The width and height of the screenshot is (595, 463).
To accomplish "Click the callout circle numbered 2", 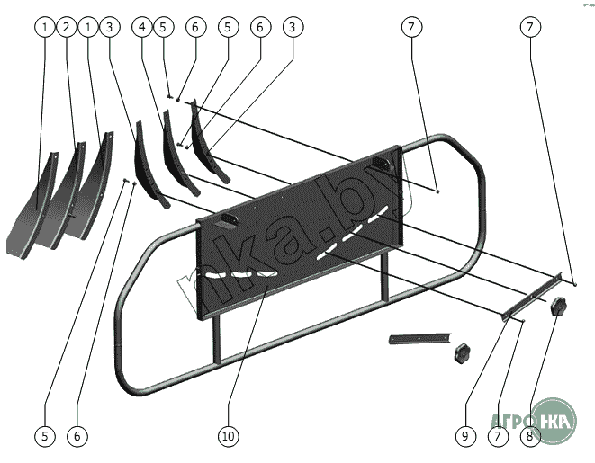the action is (x=66, y=28).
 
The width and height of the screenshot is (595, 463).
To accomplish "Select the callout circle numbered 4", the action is (x=142, y=28).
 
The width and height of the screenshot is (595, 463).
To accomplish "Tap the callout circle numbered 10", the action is (x=228, y=436).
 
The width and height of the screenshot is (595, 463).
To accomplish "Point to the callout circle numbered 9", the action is (x=464, y=436).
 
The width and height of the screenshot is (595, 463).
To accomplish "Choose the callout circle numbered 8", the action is (x=530, y=436).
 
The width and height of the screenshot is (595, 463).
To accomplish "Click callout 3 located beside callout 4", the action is (x=109, y=28).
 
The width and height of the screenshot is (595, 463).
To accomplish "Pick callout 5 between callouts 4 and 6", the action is (x=162, y=28).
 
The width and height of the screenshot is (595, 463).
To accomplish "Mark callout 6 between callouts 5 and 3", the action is (x=258, y=28).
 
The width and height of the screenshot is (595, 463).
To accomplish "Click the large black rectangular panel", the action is (x=297, y=243).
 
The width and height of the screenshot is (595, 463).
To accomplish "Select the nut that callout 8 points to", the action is (x=557, y=307).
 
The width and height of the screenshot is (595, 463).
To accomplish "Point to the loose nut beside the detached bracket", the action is (x=463, y=352).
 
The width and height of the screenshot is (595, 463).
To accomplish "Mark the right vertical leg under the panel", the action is (x=384, y=279).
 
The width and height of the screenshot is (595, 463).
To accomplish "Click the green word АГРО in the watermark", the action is (x=510, y=421).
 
